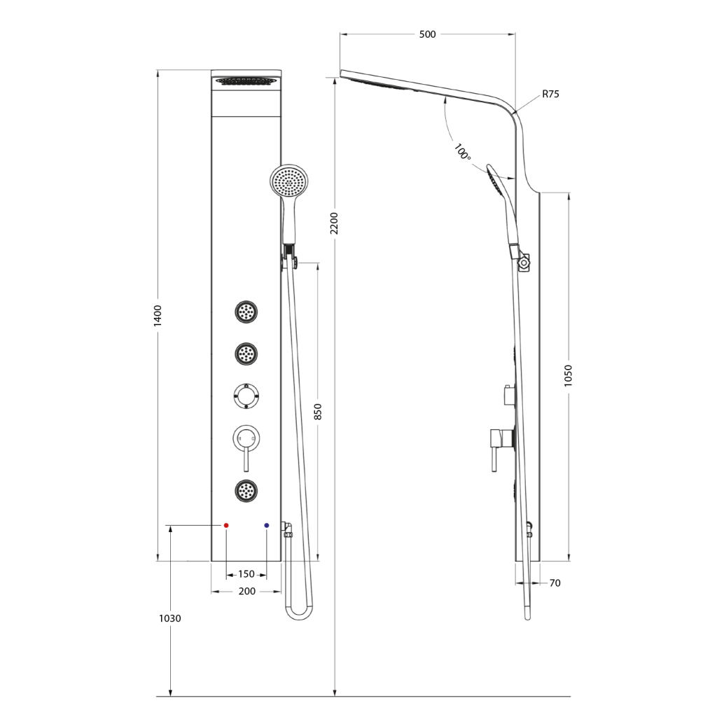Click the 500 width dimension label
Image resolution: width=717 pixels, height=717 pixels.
[427, 34]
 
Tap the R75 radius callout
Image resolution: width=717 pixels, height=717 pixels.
[550, 95]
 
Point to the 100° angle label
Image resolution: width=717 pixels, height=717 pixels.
[462, 152]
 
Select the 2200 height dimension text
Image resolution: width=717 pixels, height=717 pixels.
[334, 223]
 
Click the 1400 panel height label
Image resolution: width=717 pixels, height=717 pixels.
[158, 316]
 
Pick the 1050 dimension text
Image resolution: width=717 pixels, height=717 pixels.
[568, 375]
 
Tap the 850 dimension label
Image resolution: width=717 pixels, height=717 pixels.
[319, 412]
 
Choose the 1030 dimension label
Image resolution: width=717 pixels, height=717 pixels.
[170, 618]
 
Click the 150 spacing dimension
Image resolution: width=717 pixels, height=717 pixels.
[246, 574]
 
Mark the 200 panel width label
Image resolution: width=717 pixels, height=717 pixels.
[247, 591]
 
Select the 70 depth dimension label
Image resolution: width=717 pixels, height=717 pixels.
[555, 583]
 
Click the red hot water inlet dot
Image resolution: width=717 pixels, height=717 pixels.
[226, 525]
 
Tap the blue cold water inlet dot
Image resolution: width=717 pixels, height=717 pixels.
[267, 525]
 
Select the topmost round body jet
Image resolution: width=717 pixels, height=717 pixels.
[246, 312]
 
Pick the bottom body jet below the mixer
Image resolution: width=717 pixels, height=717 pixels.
[246, 491]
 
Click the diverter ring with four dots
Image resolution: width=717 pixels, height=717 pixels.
[246, 396]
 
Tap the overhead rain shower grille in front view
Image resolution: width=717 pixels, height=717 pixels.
[246, 81]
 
